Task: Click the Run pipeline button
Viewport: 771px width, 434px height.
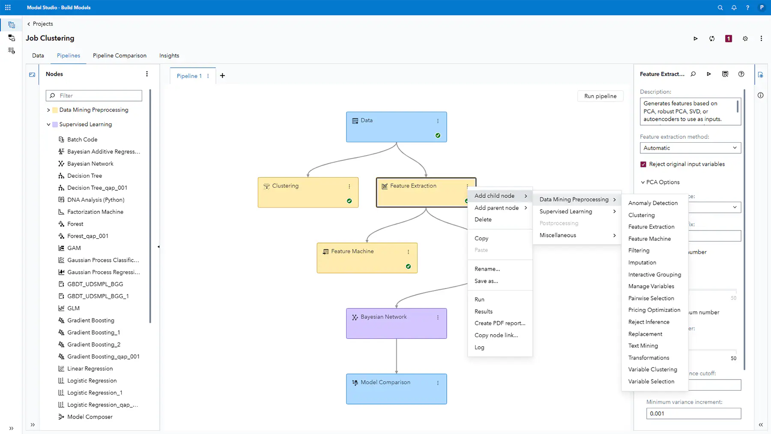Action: [600, 96]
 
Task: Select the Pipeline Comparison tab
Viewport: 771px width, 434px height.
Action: [120, 56]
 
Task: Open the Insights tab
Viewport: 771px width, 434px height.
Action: [169, 56]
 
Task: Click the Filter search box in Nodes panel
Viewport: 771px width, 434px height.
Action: [94, 96]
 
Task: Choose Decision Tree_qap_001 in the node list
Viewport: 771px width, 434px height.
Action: [97, 188]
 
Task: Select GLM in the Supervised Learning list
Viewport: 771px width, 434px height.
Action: [73, 308]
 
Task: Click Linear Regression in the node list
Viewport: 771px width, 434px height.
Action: [90, 368]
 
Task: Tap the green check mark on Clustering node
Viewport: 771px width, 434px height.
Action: [349, 201]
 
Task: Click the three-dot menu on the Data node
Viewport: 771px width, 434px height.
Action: [438, 121]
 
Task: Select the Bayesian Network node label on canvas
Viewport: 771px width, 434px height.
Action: [383, 317]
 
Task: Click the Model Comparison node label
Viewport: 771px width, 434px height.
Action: [385, 382]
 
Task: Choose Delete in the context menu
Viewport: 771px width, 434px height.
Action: [483, 219]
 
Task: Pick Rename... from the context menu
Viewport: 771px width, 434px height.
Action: [487, 269]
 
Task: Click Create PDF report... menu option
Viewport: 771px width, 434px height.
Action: [500, 323]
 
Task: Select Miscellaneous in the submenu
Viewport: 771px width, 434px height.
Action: [558, 235]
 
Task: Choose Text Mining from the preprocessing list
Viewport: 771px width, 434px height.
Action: [643, 346]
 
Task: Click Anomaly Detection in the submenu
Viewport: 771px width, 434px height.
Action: [653, 203]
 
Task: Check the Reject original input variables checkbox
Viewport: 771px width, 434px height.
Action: [643, 165]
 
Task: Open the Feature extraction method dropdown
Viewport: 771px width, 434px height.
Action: [690, 148]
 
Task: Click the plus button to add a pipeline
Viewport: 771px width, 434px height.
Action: [222, 76]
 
